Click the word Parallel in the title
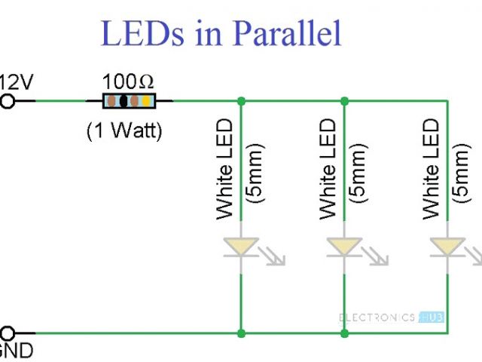[x=288, y=33]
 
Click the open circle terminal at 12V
[x=8, y=100]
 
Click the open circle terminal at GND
[x=8, y=333]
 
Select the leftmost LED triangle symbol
[x=240, y=246]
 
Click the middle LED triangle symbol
[x=344, y=246]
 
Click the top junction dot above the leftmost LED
[x=240, y=100]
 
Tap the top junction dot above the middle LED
[x=344, y=100]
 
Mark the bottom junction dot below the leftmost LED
[x=240, y=333]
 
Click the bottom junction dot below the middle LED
[x=344, y=333]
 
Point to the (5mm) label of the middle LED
[x=359, y=173]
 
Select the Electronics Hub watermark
[x=392, y=318]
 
